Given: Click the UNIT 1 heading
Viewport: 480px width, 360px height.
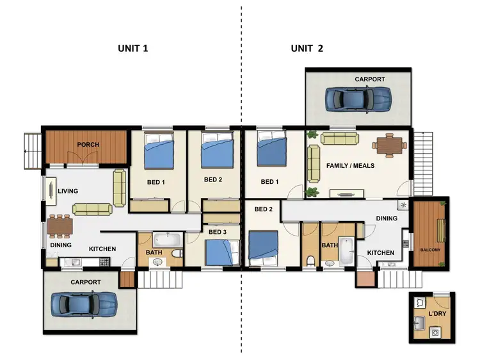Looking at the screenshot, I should pos(133,48).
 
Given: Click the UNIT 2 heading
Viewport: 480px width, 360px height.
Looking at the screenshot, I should pos(307,48).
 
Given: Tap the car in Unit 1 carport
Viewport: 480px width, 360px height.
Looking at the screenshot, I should pos(84,303).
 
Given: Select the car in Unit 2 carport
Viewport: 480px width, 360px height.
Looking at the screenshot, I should pos(358,98).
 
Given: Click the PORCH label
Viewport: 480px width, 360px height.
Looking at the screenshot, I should pos(88,145).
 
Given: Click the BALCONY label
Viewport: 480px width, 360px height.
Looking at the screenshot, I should pos(430,249).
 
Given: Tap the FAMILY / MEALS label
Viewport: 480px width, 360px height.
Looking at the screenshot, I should pos(350,165).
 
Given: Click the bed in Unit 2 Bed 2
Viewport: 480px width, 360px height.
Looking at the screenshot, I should pos(264,247).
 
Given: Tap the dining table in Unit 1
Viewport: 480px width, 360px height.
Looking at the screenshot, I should pos(60,225).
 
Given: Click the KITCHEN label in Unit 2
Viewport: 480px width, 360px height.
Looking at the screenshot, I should pos(380,253).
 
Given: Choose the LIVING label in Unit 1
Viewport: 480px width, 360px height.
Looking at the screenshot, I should pos(67,191).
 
